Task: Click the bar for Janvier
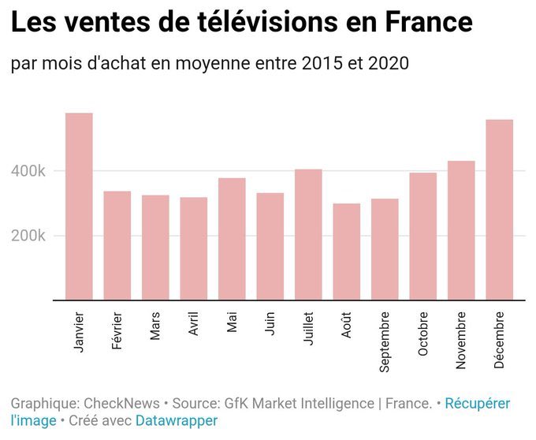pos(79,207)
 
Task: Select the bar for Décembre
pos(499,210)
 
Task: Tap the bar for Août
pos(346,252)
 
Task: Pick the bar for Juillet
pos(308,234)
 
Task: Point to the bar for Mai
pos(232,239)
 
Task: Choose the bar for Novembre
pos(461,230)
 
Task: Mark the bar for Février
pos(117,245)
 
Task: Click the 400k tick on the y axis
pos(28,171)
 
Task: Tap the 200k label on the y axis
pos(28,236)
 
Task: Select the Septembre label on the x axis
pos(385,341)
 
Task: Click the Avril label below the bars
pos(194,327)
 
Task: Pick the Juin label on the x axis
pos(270,326)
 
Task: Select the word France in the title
pos(428,22)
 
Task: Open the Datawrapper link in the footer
pos(177,421)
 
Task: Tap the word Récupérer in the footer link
pos(477,404)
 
